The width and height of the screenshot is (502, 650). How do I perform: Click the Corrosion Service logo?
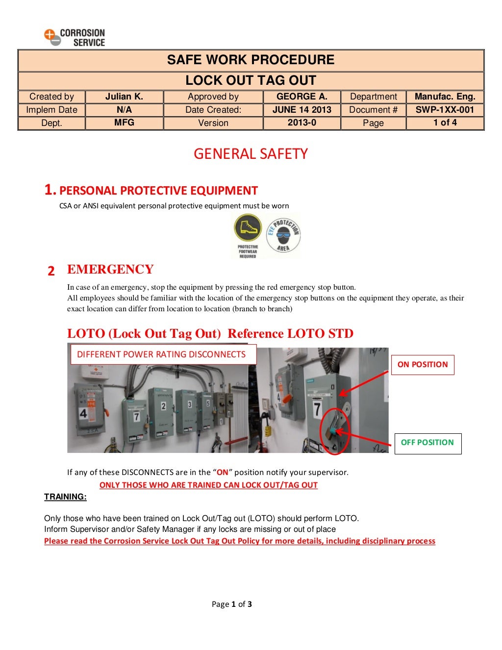pyautogui.click(x=75, y=37)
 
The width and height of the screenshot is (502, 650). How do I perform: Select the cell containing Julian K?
pyautogui.click(x=124, y=97)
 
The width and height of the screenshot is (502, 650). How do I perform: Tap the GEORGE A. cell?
pyautogui.click(x=301, y=97)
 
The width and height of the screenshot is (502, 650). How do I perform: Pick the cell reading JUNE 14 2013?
pyautogui.click(x=301, y=110)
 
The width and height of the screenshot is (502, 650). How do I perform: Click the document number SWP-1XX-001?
pyautogui.click(x=445, y=110)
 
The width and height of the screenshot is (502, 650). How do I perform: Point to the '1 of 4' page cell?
pyautogui.click(x=445, y=123)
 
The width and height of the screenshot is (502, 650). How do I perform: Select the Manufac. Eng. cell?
pyautogui.click(x=445, y=97)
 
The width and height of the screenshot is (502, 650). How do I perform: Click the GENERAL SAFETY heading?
pyautogui.click(x=251, y=154)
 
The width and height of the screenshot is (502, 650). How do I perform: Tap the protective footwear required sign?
pyautogui.click(x=248, y=236)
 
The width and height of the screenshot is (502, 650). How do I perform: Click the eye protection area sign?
pyautogui.click(x=283, y=235)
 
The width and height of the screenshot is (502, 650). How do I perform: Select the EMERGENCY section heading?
pyautogui.click(x=110, y=270)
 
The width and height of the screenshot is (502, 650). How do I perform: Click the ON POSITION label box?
pyautogui.click(x=423, y=365)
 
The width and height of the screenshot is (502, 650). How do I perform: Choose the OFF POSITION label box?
pyautogui.click(x=427, y=443)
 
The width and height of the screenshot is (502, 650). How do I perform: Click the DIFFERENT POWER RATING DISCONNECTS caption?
pyautogui.click(x=161, y=354)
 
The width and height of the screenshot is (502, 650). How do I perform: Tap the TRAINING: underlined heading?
pyautogui.click(x=65, y=497)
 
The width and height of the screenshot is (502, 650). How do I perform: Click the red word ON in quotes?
pyautogui.click(x=223, y=473)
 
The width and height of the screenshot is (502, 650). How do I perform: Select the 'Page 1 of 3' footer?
pyautogui.click(x=232, y=604)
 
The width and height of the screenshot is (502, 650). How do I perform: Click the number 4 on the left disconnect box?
pyautogui.click(x=83, y=413)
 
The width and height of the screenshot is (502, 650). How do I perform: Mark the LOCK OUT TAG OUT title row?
pyautogui.click(x=251, y=80)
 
